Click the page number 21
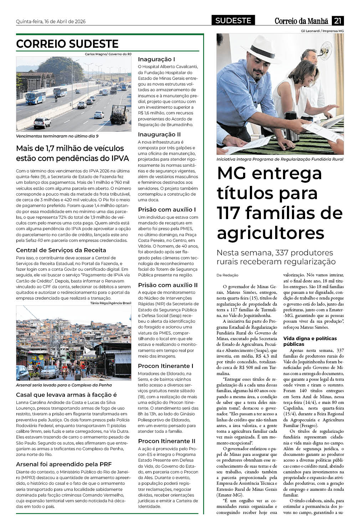click(338, 21)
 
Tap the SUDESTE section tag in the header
click(233, 21)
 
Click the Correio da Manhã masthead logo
click(301, 21)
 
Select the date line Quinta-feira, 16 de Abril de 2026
click(51, 21)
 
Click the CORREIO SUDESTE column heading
click(67, 44)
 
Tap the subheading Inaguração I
click(156, 59)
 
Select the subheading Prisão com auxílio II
click(168, 285)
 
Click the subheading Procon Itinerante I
click(165, 366)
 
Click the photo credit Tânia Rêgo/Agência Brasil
click(110, 303)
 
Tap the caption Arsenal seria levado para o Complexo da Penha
click(64, 385)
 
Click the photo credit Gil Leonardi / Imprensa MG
click(322, 31)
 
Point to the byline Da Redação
click(227, 275)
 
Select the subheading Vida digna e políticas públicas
click(309, 341)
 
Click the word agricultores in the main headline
click(271, 233)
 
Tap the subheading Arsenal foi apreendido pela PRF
click(64, 464)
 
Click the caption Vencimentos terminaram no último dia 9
click(57, 136)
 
